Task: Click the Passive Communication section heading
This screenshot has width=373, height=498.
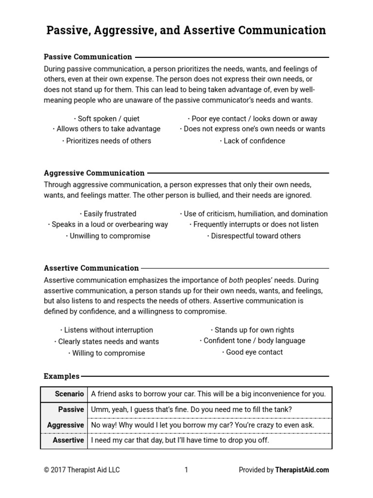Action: (88, 57)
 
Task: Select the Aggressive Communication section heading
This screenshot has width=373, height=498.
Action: (94, 173)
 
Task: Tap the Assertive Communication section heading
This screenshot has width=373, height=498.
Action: (91, 268)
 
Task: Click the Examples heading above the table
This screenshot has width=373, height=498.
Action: (62, 376)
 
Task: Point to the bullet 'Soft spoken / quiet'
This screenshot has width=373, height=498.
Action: (107, 118)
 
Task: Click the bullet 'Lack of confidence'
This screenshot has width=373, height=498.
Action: (252, 141)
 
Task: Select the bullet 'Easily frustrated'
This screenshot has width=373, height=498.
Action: (108, 213)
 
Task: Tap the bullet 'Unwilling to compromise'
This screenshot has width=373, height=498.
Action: (108, 236)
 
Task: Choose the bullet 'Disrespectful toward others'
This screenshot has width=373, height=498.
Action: (254, 236)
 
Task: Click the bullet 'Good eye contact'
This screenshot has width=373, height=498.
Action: (252, 352)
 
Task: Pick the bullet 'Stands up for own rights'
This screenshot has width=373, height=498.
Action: (252, 330)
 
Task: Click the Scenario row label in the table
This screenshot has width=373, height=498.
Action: (69, 394)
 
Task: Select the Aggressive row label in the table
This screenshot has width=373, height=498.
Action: (66, 425)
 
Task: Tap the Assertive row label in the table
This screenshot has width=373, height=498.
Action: (68, 440)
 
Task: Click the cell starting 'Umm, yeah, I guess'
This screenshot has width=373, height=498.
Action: (192, 410)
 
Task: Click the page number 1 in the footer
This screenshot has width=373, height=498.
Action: (186, 470)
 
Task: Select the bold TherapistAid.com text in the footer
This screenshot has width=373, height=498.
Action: (302, 470)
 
